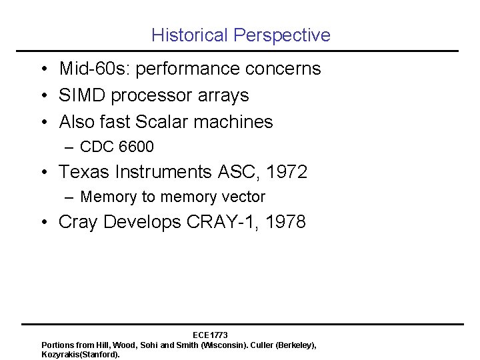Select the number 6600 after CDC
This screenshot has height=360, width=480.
tap(136, 146)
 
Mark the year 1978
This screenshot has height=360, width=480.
tap(286, 222)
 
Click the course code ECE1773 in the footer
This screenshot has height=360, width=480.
tap(210, 335)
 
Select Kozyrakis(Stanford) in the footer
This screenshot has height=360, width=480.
tap(81, 355)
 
